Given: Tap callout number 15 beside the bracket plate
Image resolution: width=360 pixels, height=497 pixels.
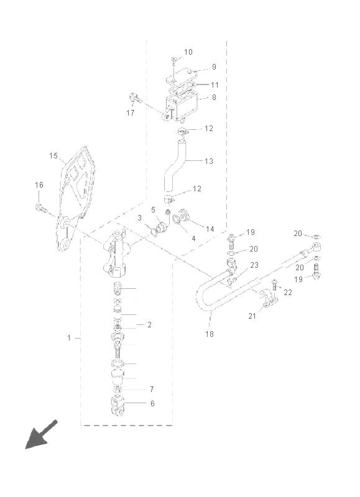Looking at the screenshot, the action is [53, 156].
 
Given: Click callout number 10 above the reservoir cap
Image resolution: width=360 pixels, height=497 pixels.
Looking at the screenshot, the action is [188, 52].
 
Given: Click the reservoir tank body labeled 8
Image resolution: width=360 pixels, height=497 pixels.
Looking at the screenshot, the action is [182, 105].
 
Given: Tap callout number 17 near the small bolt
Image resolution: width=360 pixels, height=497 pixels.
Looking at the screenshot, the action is [131, 112].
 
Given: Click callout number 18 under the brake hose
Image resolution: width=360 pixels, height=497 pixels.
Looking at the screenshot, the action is [210, 334].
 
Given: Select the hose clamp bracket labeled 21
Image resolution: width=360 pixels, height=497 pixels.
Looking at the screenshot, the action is [269, 299].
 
